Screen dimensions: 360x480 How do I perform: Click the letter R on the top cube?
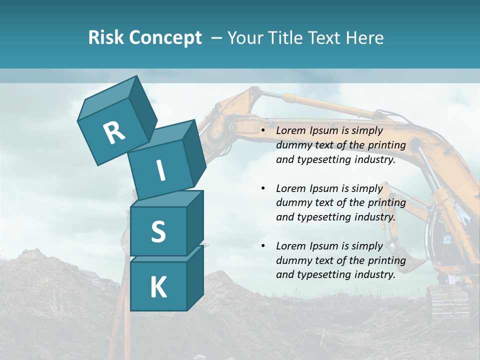point(114,132)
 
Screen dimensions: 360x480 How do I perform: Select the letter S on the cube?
point(158,231)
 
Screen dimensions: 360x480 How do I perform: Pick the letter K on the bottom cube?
point(158,287)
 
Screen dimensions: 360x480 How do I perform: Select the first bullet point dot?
point(263,131)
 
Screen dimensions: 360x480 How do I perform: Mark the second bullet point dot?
point(263,189)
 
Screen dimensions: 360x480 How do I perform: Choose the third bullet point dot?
point(263,246)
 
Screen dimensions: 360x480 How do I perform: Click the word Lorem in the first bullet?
point(290,131)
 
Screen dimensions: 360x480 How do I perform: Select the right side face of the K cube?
point(195,277)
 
